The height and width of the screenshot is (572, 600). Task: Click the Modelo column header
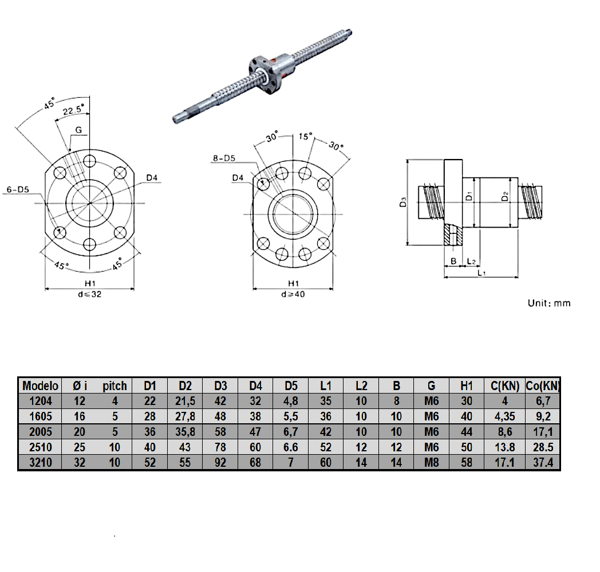click(x=40, y=386)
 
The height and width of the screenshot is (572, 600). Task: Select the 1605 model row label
click(x=41, y=416)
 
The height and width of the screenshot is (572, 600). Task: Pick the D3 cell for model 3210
click(x=220, y=463)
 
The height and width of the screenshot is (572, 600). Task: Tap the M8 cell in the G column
click(x=431, y=463)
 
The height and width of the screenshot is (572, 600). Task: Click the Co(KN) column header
click(x=543, y=386)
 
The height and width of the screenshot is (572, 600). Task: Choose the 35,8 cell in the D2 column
click(x=185, y=432)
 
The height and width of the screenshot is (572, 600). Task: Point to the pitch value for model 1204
click(x=115, y=401)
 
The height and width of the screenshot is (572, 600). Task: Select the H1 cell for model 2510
click(x=467, y=447)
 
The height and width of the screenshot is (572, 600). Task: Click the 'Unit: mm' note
click(x=549, y=303)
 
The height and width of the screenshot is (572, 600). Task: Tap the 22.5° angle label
click(x=73, y=110)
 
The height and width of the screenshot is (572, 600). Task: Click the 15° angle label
click(x=305, y=137)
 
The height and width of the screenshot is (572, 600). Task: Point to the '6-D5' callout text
click(x=18, y=190)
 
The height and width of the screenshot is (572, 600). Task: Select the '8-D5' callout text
click(x=224, y=158)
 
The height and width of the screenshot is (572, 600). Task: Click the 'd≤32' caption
click(x=89, y=295)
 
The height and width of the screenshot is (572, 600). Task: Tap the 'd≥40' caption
click(x=293, y=295)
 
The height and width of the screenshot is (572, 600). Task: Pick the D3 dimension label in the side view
click(x=402, y=202)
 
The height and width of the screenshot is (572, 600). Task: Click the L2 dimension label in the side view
click(x=471, y=261)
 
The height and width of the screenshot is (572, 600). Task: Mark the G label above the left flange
click(x=78, y=130)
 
